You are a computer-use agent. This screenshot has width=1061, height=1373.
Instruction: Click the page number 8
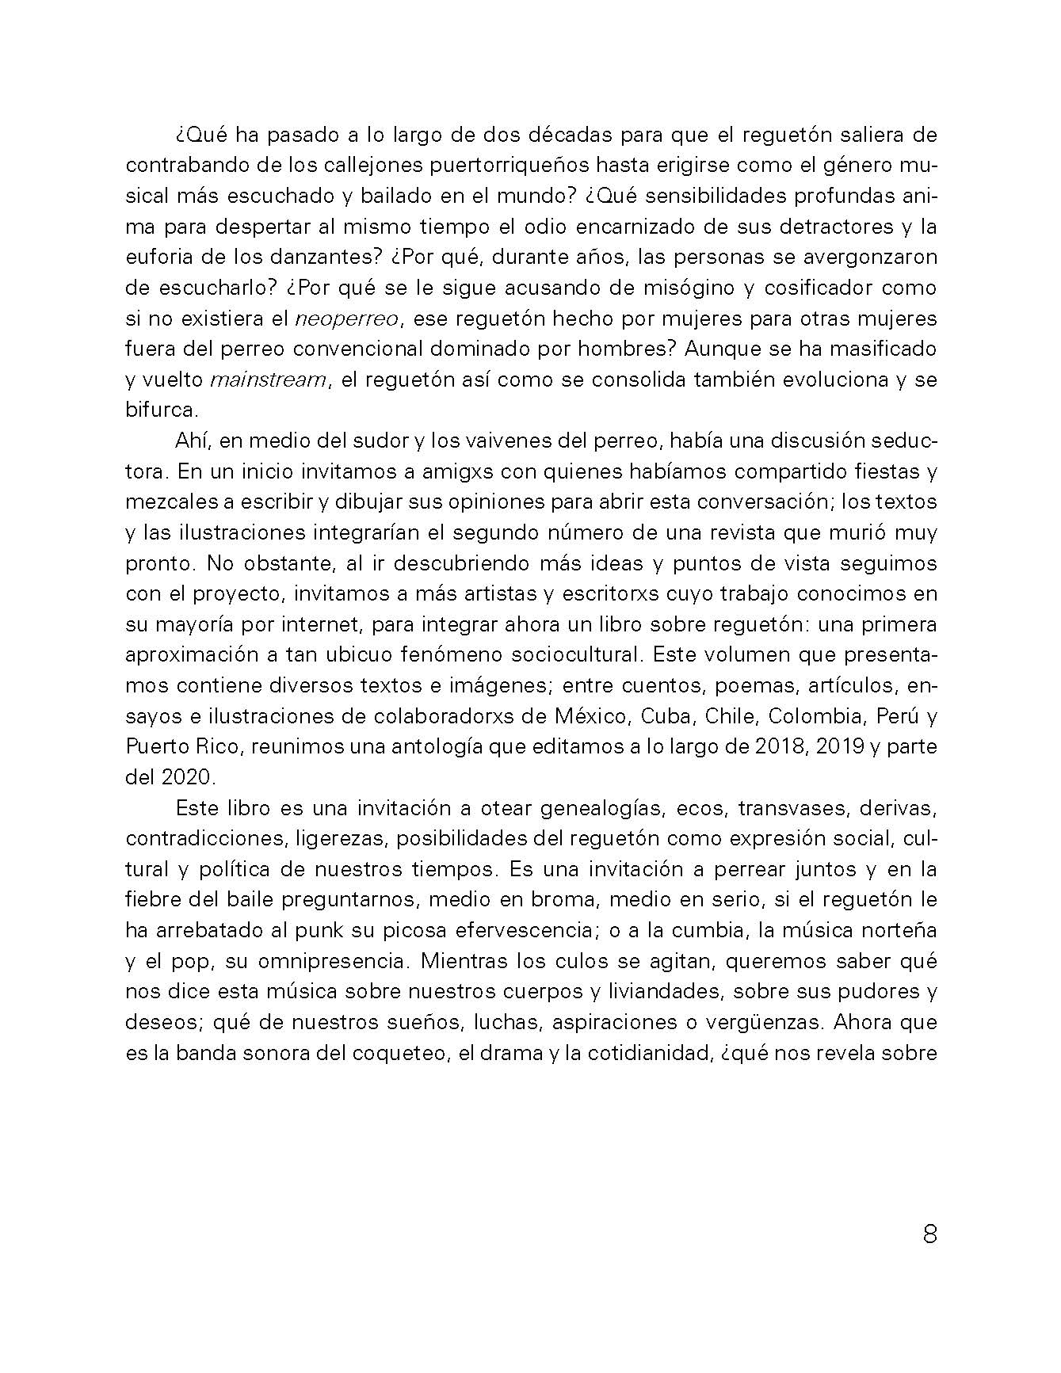[929, 1234]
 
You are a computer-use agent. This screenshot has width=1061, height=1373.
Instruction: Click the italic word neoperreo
[349, 318]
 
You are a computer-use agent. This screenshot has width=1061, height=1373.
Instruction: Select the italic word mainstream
[268, 379]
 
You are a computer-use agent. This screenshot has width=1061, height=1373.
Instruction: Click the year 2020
[183, 777]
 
